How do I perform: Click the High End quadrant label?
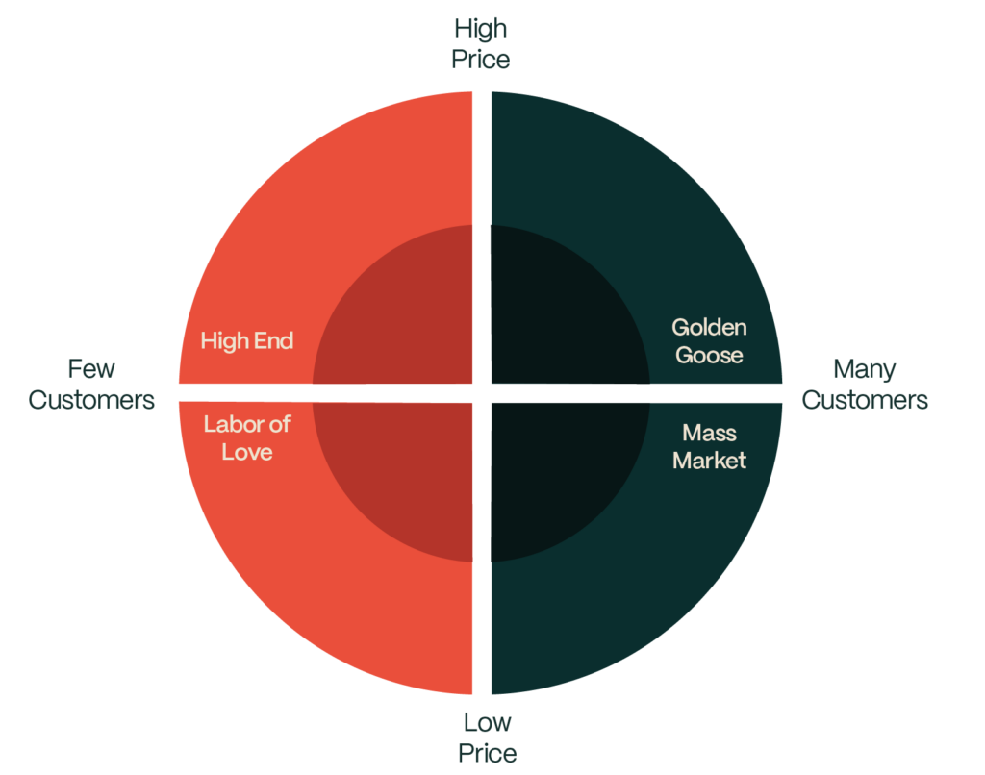pos(247,341)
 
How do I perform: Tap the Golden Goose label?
pos(709,341)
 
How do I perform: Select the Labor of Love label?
pos(247,437)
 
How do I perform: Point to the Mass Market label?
pos(709,446)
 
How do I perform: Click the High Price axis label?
pos(481,44)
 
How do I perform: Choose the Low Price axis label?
pos(488,737)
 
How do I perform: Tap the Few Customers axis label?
pos(91,385)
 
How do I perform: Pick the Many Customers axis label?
pos(865,385)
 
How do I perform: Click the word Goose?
pos(709,356)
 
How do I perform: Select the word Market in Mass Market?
pos(709,461)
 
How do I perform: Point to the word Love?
pos(247,452)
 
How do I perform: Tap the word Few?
pos(91,369)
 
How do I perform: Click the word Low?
pos(488,723)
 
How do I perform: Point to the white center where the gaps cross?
pos(482,393)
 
